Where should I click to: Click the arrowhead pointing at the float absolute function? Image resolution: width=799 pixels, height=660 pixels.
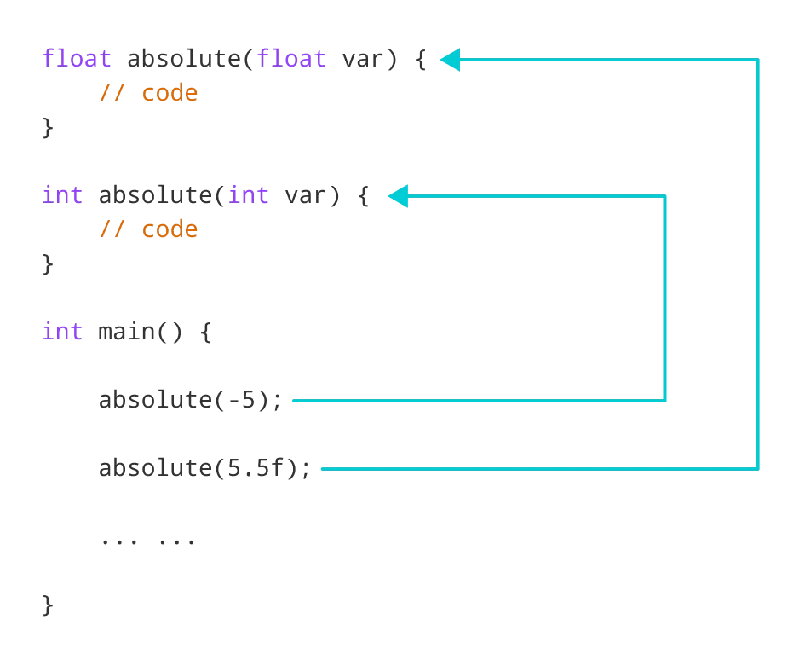click(x=450, y=60)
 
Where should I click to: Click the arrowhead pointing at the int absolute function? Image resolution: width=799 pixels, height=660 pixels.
click(x=399, y=196)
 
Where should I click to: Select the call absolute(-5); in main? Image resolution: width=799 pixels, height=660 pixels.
click(x=190, y=400)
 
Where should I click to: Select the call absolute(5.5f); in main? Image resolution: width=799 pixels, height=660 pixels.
click(x=204, y=468)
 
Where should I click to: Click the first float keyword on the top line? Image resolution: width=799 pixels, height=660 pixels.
click(x=77, y=59)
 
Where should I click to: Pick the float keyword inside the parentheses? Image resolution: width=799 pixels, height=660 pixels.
click(x=291, y=59)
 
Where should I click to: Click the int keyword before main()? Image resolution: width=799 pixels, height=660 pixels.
click(x=62, y=332)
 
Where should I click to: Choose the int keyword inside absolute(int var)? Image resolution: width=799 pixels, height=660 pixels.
click(x=249, y=195)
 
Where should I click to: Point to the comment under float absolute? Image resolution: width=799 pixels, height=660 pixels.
click(x=148, y=93)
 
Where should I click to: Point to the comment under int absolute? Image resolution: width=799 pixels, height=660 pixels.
click(x=148, y=229)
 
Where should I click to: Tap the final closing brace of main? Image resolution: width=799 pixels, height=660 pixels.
click(x=49, y=605)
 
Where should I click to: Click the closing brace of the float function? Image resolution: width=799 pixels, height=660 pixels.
click(x=49, y=127)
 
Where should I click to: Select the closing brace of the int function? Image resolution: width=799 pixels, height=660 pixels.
click(x=49, y=263)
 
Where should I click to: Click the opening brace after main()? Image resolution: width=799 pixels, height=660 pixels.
click(x=205, y=332)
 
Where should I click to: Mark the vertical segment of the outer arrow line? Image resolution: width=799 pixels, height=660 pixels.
click(x=757, y=264)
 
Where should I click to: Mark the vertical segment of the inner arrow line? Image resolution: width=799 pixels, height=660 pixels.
click(x=664, y=298)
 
